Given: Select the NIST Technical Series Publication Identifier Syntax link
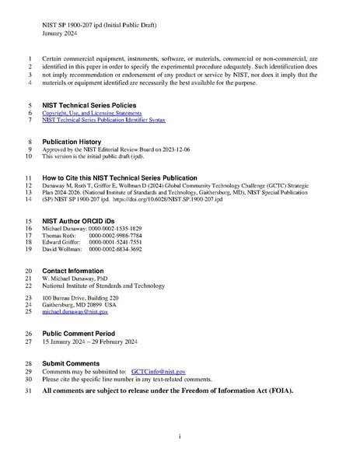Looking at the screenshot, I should (x=103, y=121).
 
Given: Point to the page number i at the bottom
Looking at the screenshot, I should (x=180, y=437).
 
